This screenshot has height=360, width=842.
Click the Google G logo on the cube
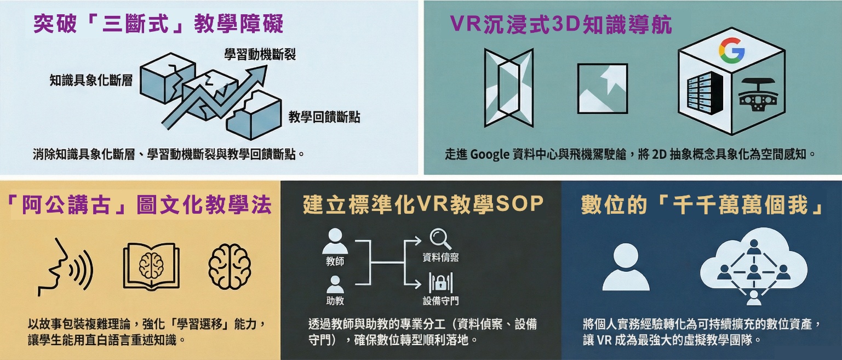731,50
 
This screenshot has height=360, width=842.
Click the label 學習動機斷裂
260,54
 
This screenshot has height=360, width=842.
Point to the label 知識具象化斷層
91,80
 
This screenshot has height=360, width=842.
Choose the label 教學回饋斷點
324,117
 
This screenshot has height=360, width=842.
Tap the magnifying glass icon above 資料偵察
440,239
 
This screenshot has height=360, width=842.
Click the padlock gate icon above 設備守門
440,283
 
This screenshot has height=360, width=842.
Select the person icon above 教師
335,241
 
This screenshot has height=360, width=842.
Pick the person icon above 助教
335,284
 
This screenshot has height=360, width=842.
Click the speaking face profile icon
65,267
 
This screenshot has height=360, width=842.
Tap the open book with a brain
151,265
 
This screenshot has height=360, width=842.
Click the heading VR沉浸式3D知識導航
561,25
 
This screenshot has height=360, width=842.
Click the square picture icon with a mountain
602,88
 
